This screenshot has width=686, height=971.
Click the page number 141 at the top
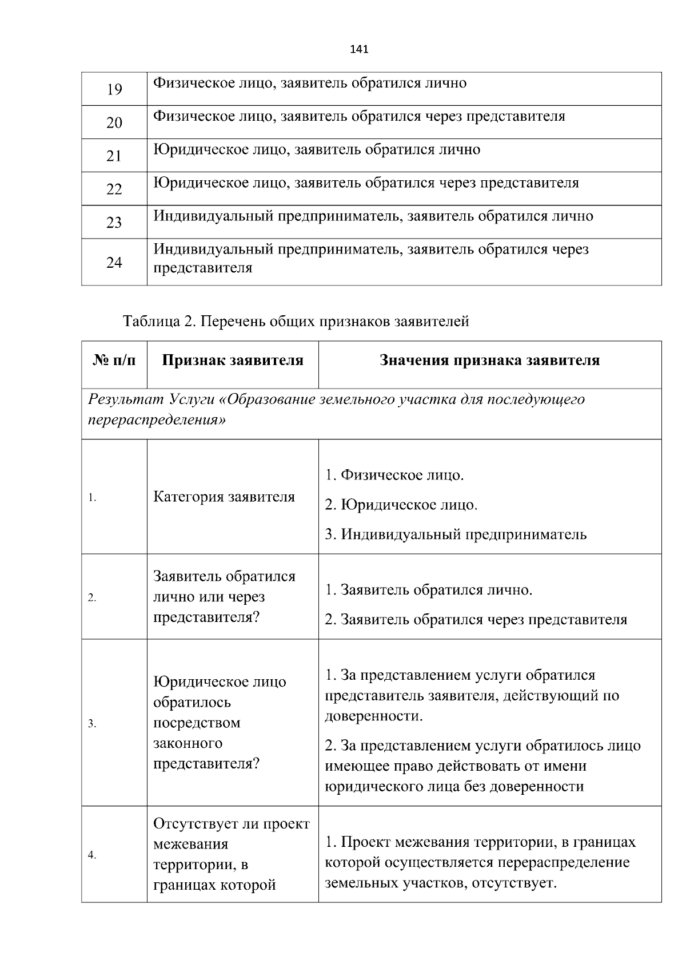(x=358, y=49)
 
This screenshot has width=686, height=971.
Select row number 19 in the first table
(x=114, y=89)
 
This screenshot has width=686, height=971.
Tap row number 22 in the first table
(x=114, y=189)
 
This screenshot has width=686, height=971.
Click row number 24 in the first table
(x=114, y=263)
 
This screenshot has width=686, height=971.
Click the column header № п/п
(x=114, y=360)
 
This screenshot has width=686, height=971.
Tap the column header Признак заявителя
(x=233, y=360)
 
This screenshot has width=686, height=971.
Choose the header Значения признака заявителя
(x=489, y=360)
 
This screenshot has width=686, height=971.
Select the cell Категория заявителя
(x=224, y=497)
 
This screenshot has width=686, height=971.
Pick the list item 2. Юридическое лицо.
(x=401, y=505)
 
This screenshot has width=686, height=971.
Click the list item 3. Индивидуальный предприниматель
(x=456, y=534)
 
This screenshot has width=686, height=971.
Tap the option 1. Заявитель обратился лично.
(x=429, y=590)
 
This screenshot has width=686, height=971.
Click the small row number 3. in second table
(x=91, y=724)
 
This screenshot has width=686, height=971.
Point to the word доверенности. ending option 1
(x=374, y=716)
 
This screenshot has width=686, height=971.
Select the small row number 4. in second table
(x=91, y=855)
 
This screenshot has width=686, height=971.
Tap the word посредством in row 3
(x=197, y=723)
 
